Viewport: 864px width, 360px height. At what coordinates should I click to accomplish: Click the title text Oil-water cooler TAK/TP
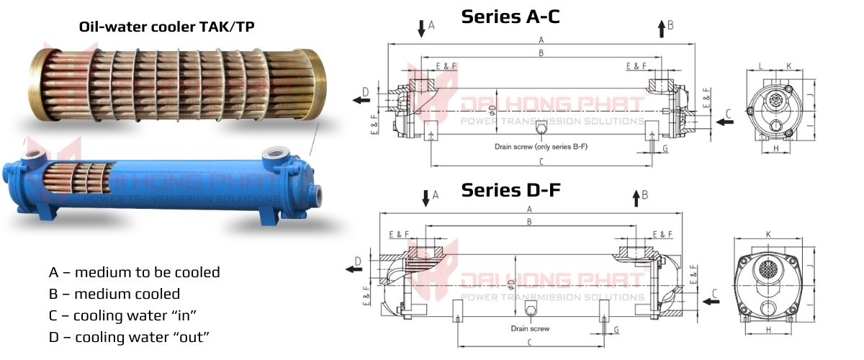click(166, 27)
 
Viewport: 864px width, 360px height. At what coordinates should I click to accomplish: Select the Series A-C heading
click(510, 17)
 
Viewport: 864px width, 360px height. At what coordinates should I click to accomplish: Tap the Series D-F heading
click(510, 190)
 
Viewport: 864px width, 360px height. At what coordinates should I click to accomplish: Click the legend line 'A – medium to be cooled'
click(135, 273)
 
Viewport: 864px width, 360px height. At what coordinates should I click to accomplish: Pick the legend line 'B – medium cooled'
click(114, 294)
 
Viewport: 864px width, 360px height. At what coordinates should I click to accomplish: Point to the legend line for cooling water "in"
click(123, 316)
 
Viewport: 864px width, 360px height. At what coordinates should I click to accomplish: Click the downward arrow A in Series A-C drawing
click(421, 29)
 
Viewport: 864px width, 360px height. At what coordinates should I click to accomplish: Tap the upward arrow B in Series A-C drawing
click(661, 29)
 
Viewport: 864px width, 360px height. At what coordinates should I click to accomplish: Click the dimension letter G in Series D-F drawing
click(616, 330)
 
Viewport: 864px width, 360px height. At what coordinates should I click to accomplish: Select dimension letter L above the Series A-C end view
click(761, 66)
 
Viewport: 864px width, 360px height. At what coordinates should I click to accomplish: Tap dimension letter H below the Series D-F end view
click(768, 330)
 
